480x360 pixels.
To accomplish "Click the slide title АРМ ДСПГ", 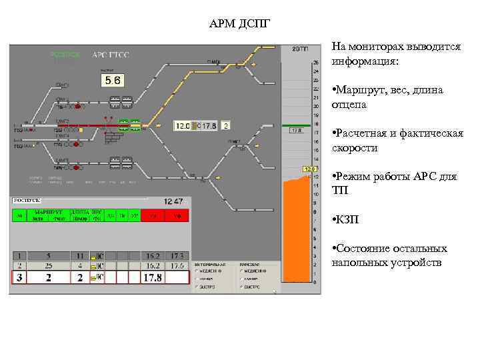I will (x=239, y=25).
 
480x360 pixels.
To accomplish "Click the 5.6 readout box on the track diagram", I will (x=112, y=81).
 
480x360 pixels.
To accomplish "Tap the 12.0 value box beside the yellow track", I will (x=183, y=125).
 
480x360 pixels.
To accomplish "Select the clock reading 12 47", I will (x=174, y=201).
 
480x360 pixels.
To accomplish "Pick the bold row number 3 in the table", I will (x=20, y=277).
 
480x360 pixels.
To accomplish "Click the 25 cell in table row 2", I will (x=48, y=265).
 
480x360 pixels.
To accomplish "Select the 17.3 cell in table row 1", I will (x=177, y=255).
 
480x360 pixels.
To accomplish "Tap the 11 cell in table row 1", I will (x=80, y=255).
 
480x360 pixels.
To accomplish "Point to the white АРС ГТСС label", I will (x=111, y=55).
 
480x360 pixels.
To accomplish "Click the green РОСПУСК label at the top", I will (x=65, y=55).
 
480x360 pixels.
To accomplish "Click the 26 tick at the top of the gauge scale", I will (x=315, y=63).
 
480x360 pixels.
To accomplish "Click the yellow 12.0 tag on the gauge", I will (x=309, y=169).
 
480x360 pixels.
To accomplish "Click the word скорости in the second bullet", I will (x=355, y=148).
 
